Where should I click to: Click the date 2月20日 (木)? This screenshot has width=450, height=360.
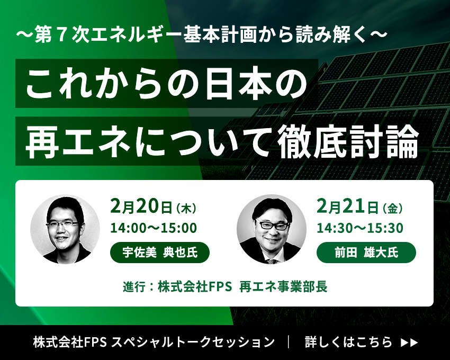tap(153, 206)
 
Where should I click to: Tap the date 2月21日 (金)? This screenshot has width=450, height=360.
tap(359, 206)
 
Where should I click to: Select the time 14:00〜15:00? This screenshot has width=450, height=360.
tap(154, 228)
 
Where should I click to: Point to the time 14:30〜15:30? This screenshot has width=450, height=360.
tap(360, 228)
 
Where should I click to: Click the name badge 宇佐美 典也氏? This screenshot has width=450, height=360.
tap(160, 253)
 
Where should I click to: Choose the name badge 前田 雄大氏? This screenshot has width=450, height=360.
tap(366, 253)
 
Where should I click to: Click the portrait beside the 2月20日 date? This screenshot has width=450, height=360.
tap(65, 229)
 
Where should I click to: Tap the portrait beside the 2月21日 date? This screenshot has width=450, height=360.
tap(272, 229)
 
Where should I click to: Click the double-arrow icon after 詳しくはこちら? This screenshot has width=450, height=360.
tap(409, 343)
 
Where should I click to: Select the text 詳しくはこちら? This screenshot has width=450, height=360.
tap(348, 342)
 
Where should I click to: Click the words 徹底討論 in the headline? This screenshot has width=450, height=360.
tap(349, 141)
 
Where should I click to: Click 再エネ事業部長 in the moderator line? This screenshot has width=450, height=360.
tap(283, 286)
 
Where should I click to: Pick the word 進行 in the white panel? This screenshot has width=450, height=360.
tap(134, 286)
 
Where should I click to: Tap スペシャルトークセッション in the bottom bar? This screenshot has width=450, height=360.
tap(193, 342)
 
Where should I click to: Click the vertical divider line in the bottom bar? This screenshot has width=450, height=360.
tap(289, 342)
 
